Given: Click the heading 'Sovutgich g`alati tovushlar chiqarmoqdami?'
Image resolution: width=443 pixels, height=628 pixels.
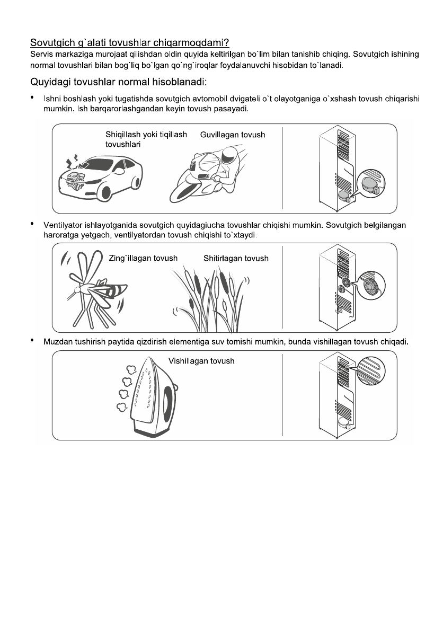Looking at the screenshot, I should (x=129, y=42).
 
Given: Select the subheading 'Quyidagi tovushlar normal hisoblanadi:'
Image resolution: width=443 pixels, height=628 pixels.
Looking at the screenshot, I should (x=113, y=83).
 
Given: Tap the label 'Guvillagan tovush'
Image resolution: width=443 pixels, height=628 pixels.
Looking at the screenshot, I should (x=233, y=135).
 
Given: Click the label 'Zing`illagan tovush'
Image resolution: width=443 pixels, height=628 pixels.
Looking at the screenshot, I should (x=143, y=259).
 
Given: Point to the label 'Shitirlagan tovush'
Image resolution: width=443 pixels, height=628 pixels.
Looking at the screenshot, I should (x=236, y=259).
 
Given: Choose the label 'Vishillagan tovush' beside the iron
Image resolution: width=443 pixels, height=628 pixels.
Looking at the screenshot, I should (x=201, y=361).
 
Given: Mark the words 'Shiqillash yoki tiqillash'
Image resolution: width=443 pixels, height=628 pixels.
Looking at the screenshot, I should (x=146, y=135).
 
